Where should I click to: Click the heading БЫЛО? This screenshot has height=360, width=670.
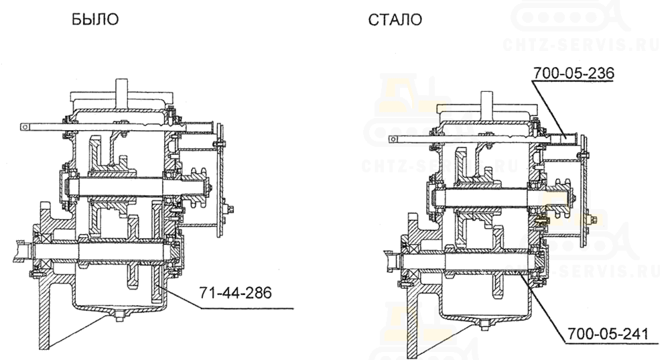coord(95,19)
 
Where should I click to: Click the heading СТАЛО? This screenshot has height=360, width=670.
coord(395,20)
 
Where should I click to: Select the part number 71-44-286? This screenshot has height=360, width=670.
coord(235,293)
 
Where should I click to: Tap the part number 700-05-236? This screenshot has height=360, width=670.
coord(574,73)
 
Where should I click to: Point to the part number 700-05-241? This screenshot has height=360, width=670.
coord(608,333)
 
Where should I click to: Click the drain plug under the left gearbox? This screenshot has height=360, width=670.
coord(119,316)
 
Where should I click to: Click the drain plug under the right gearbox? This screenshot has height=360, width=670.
coord(484,326)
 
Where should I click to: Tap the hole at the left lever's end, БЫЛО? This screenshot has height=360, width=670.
coord(25,127)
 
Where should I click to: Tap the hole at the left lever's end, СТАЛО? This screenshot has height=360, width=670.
coord(393,139)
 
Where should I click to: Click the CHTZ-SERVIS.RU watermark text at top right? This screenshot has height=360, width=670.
coord(581,44)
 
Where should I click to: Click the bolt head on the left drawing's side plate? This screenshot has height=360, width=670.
coord(230,209)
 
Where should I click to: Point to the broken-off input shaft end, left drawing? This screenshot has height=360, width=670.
coord(22,250)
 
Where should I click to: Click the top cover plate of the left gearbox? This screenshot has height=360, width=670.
coord(122,100)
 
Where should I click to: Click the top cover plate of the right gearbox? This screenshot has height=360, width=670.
coord(487,109)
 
